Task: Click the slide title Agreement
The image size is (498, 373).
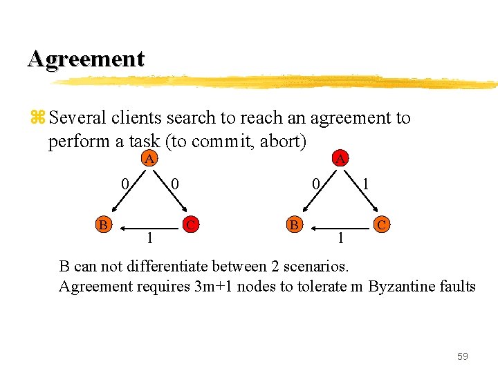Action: coord(86,59)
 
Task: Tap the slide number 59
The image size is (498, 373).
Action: coord(462,356)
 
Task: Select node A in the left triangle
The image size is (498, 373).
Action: coord(148,159)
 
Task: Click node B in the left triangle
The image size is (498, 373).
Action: coord(102,224)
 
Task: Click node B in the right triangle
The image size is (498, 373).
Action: coord(294,224)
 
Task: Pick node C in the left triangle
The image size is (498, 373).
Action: coord(192,224)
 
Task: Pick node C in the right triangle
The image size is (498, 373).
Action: coord(382,224)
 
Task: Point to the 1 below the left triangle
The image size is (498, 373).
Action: coord(149,238)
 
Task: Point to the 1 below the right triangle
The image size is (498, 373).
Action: coord(340,238)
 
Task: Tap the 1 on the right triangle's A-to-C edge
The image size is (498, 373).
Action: coord(366,184)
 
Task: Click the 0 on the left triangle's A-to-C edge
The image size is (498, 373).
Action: coord(176,184)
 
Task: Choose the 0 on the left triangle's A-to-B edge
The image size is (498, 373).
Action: coord(124,184)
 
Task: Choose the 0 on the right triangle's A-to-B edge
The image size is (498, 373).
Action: coord(315,184)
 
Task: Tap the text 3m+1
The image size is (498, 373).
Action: coord(212,286)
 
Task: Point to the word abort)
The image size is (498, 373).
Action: coord(282,142)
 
